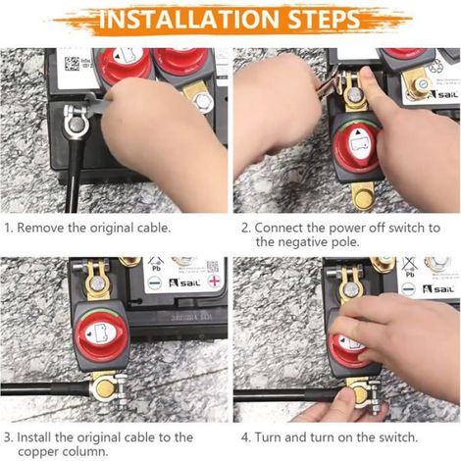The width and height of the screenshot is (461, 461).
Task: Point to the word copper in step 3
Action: pyautogui.click(x=38, y=453)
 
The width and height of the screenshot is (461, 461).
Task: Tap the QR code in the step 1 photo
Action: pyautogui.click(x=72, y=64)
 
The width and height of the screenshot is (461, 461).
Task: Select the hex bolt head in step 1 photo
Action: pyautogui.click(x=203, y=102)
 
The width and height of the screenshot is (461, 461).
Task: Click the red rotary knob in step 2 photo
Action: pyautogui.click(x=355, y=146)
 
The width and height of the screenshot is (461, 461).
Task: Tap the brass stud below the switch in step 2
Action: pyautogui.click(x=362, y=198)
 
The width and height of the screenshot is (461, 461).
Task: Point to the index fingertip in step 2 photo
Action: pyautogui.click(x=366, y=74)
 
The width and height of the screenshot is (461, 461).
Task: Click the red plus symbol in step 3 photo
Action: pyautogui.click(x=214, y=282)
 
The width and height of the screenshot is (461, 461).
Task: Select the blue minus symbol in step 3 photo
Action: pyautogui.click(x=154, y=282)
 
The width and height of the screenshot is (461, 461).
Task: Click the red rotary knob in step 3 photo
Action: pyautogui.click(x=100, y=334)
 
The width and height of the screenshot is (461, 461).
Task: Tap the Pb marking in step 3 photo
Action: pyautogui.click(x=156, y=269)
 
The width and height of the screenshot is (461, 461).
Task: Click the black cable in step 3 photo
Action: pyautogui.click(x=46, y=388)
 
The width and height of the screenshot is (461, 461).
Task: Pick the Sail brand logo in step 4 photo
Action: pyautogui.click(x=438, y=289)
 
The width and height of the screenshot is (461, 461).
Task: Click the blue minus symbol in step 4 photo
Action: pyautogui.click(x=408, y=288)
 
